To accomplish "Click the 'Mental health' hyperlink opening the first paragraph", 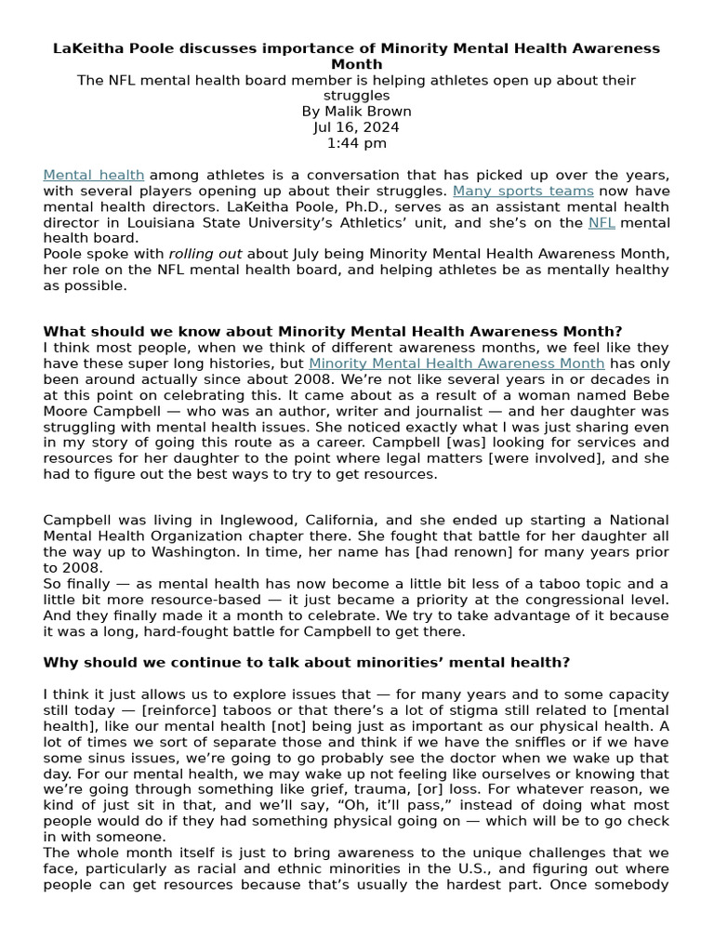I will pyautogui.click(x=93, y=175).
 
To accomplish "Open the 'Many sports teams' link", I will pyautogui.click(x=522, y=191).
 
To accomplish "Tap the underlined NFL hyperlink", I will pyautogui.click(x=602, y=223).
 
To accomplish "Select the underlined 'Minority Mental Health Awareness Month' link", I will pyautogui.click(x=456, y=364).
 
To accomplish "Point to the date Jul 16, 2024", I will pyautogui.click(x=357, y=127).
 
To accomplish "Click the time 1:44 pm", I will pyautogui.click(x=357, y=143).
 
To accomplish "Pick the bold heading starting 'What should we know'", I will pyautogui.click(x=333, y=332).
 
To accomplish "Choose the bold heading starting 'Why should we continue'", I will pyautogui.click(x=307, y=662).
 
